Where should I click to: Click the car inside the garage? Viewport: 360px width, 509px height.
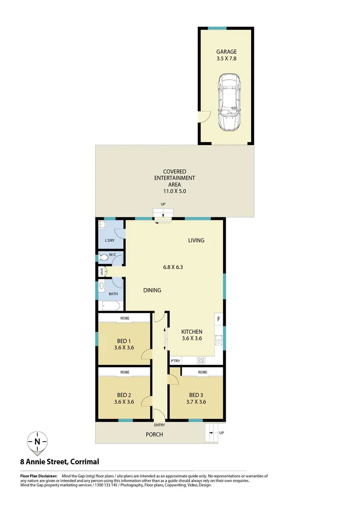click(229, 102)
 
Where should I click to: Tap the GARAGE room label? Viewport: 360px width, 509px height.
click(226, 52)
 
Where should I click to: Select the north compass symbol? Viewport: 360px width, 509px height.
click(37, 442)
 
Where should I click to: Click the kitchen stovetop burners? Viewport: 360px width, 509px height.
click(201, 361)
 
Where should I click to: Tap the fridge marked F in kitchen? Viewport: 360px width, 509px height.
click(219, 319)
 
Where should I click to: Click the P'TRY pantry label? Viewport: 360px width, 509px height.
click(175, 361)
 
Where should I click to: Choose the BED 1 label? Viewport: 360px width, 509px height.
click(124, 342)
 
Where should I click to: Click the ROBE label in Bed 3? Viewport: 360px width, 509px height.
click(203, 372)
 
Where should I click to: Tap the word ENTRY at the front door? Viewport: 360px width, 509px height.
click(159, 425)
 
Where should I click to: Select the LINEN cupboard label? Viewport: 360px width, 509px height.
click(100, 272)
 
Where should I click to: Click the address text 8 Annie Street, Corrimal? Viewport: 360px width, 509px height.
click(59, 462)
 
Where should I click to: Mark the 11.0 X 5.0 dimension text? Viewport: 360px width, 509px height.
click(174, 191)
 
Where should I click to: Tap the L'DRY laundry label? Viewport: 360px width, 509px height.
click(109, 241)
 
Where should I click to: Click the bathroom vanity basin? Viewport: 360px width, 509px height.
click(102, 286)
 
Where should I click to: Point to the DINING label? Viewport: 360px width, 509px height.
click(152, 290)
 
